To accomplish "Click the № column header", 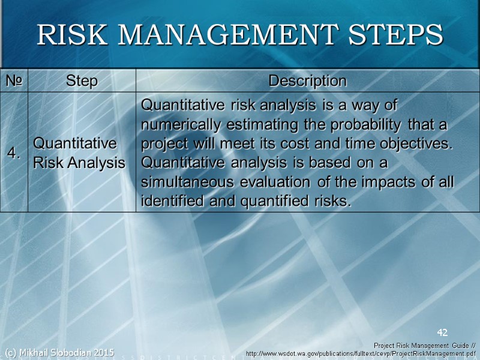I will coord(14,80).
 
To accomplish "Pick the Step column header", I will coord(82,80).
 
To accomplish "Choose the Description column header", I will coord(307,80).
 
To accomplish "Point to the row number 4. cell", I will coord(14,153).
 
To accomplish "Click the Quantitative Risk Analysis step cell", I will coord(79,153).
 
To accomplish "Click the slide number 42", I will coord(442,332).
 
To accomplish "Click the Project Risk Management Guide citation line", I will coord(424,346).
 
